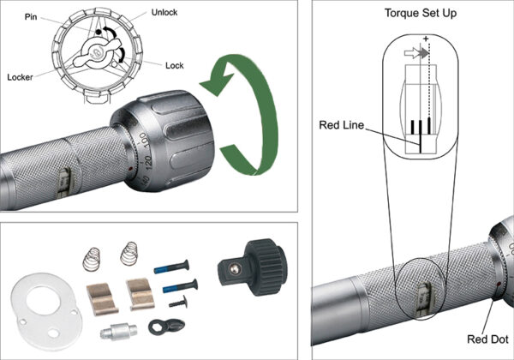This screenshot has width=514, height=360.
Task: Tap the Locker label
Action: pos(25,75)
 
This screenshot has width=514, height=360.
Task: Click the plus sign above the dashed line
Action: pos(425,38)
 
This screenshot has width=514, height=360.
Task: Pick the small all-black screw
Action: pos(178,302)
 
